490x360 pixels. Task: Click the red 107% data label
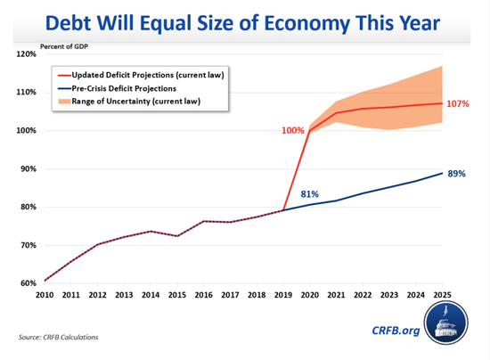458,103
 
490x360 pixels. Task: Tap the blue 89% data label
456,174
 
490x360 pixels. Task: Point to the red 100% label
293,130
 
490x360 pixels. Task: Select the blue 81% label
310,194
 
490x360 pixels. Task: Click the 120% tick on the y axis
26,54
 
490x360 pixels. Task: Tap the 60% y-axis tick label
29,283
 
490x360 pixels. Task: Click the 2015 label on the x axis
177,295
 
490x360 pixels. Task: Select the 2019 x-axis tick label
283,295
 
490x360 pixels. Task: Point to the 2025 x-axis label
442,295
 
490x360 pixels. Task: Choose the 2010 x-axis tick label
45,295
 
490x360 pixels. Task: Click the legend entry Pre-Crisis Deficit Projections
124,88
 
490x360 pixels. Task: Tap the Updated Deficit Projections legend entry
148,75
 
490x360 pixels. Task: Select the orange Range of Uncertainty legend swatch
64,102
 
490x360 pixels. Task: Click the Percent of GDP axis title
64,46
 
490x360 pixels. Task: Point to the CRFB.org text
396,331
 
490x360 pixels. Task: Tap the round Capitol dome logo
446,323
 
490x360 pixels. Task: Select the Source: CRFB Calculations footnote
58,337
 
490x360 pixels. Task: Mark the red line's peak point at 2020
310,130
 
